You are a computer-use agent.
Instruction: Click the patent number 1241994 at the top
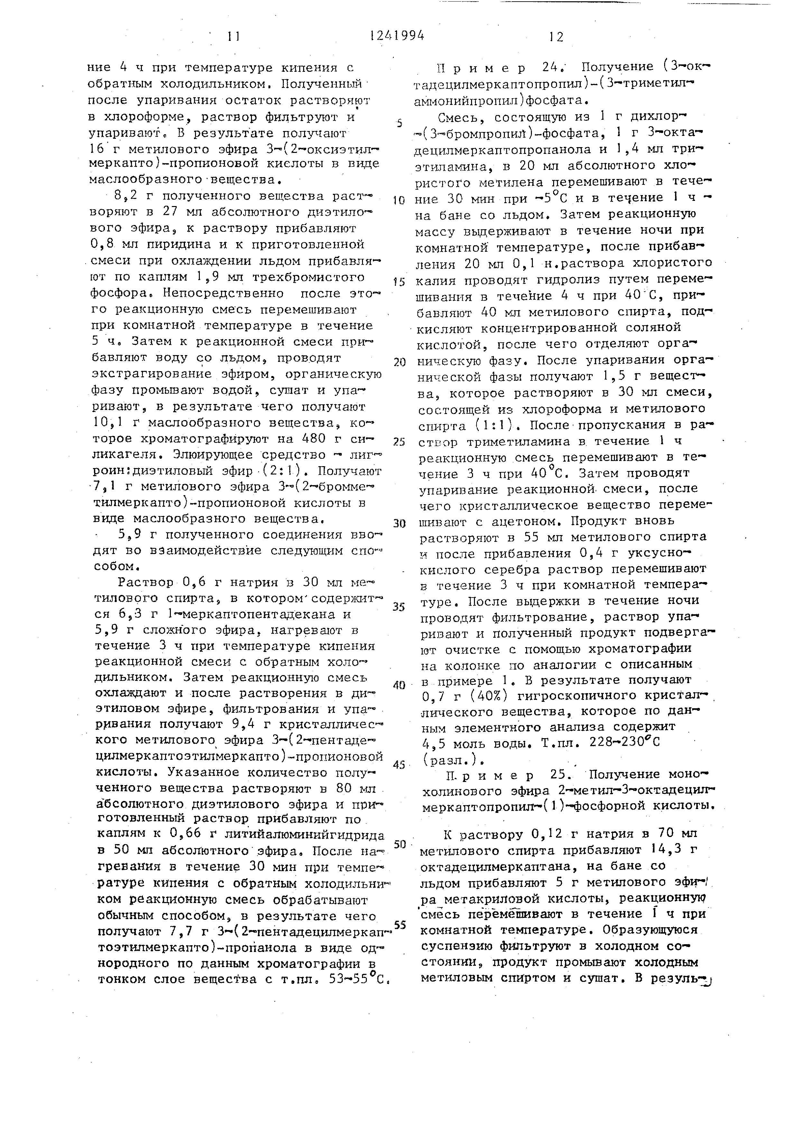(397, 35)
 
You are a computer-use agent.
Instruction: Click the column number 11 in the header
(234, 36)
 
